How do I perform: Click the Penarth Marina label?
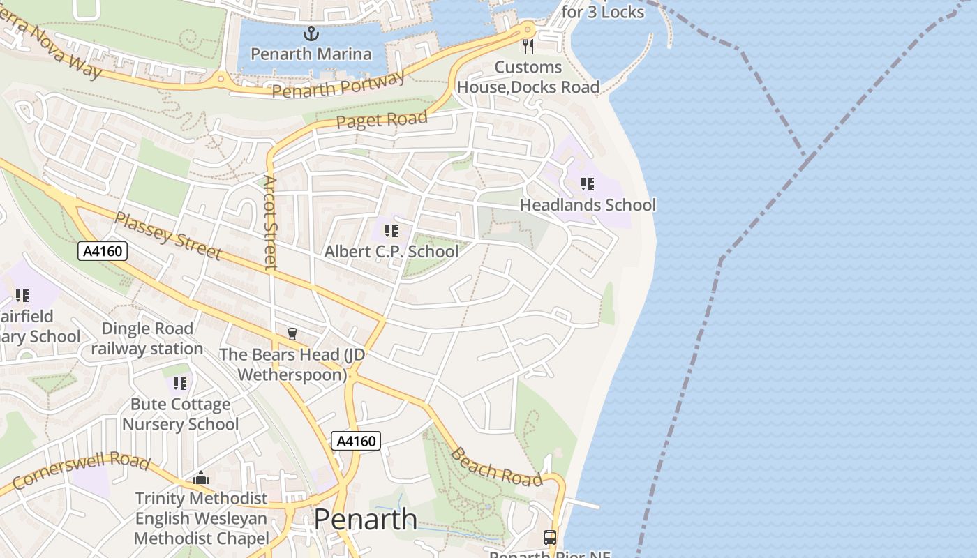tap(311, 54)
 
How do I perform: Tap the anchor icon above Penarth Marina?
tap(311, 33)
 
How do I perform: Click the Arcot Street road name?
tap(270, 222)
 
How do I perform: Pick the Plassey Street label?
tap(167, 236)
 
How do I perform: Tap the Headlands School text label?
tap(588, 205)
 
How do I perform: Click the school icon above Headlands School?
tap(588, 184)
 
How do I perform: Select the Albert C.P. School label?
tap(391, 251)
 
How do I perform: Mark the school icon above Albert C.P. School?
tap(391, 230)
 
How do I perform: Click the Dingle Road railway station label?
tap(147, 338)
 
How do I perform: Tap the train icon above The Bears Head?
tap(292, 334)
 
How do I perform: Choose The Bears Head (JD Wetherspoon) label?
tap(292, 364)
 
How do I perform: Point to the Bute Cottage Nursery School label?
tap(180, 414)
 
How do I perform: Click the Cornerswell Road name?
tap(81, 472)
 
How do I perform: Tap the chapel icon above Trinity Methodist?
tap(202, 478)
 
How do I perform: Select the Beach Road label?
tap(496, 467)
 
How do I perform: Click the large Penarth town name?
tap(366, 519)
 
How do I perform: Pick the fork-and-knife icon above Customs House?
tap(528, 47)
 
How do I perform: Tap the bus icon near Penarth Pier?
tap(550, 537)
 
